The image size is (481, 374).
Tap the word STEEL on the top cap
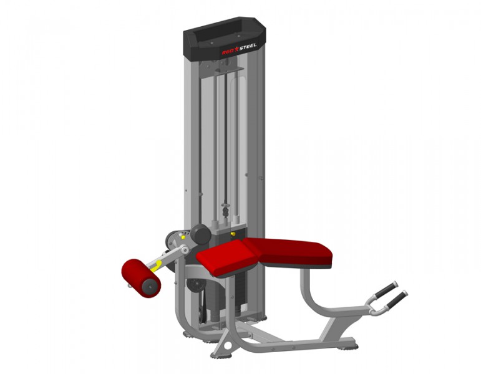coord(248,47)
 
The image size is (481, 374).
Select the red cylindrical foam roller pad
coord(141,278)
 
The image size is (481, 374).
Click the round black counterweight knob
coord(201,234)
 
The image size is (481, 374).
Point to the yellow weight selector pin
coord(233,234)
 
